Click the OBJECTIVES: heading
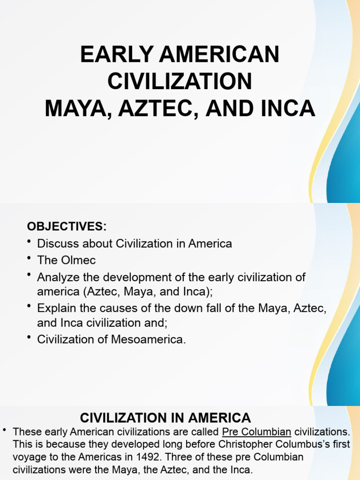67,227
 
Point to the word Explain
55,308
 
